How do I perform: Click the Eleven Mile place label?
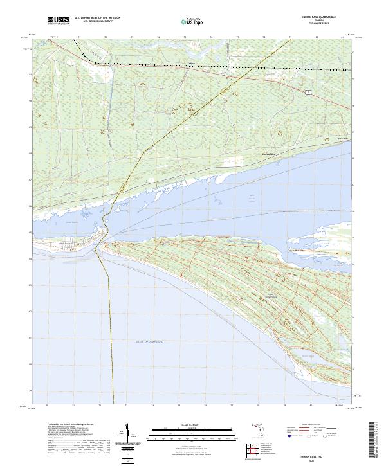click(x=268, y=154)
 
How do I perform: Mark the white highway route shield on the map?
click(x=308, y=93)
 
